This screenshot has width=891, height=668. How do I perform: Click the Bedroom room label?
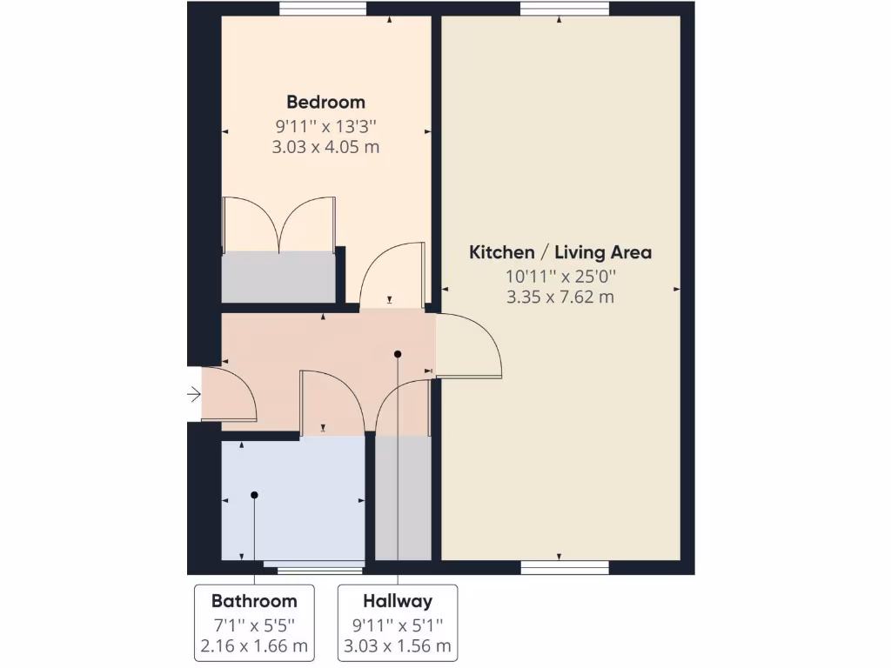326,103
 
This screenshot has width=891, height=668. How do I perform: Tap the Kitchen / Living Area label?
560,253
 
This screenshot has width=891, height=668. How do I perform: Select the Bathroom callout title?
254,601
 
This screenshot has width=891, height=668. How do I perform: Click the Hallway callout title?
398,601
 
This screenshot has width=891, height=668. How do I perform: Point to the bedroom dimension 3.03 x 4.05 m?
326,147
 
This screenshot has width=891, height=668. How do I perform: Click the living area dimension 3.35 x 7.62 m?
560,297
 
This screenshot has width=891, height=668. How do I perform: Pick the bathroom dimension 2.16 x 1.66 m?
254,646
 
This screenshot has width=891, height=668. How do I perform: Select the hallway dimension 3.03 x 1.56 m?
398,646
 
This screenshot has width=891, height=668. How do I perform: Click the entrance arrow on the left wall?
194,396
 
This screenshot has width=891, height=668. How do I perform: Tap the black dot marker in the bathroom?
255,495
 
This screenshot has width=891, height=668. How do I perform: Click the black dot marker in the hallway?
398,354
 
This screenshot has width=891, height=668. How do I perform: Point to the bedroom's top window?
322,9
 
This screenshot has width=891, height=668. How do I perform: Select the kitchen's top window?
565,9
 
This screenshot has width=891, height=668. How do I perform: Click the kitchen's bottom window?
565,568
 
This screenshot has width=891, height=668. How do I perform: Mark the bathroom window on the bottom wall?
319,571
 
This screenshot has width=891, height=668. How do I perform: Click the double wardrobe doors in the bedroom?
278,224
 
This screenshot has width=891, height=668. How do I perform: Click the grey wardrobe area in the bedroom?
278,277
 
